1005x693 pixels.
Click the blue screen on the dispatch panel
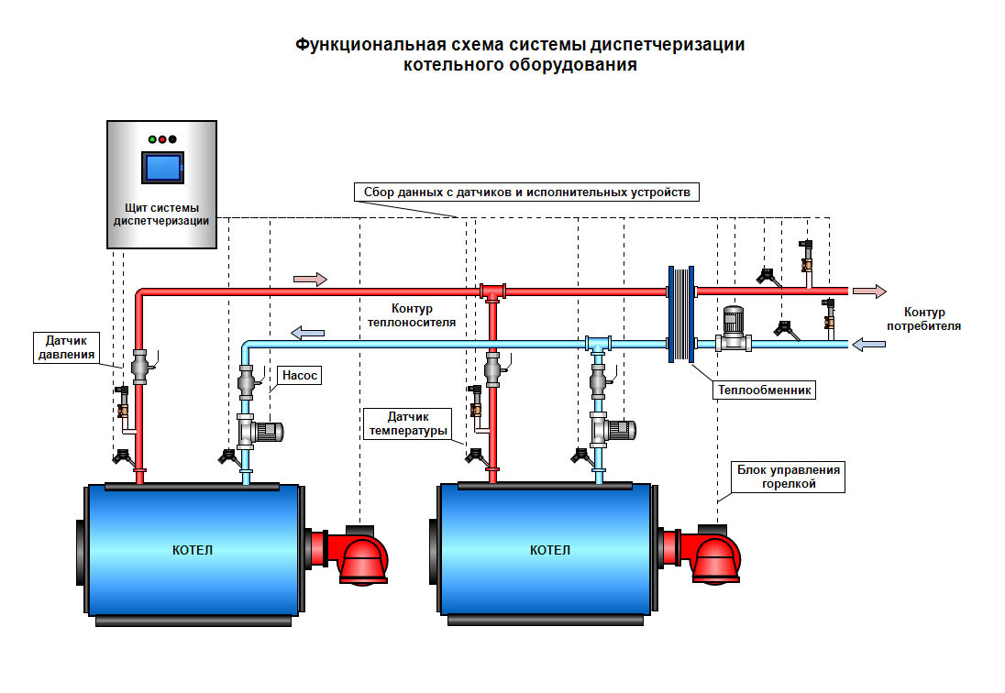[161, 169]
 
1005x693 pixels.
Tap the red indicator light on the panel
[162, 139]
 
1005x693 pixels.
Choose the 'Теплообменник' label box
[764, 390]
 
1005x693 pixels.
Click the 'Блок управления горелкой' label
[789, 477]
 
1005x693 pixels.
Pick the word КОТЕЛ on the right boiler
[549, 550]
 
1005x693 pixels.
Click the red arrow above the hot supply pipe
[309, 279]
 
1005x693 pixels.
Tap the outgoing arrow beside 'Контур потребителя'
[869, 291]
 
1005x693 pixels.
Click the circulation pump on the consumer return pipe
[732, 332]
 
